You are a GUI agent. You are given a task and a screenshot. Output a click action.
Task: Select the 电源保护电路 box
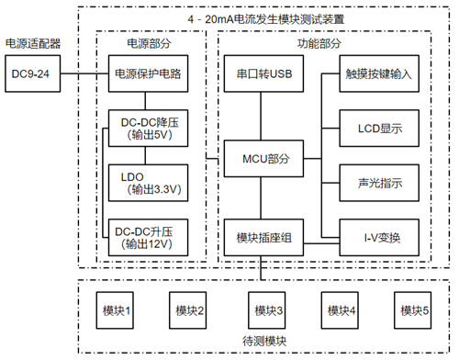[147, 73]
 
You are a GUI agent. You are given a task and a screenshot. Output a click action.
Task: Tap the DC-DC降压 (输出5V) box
[147, 129]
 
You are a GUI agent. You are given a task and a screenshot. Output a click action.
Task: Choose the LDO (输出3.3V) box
[147, 183]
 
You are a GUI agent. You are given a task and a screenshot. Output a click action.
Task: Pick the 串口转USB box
[263, 73]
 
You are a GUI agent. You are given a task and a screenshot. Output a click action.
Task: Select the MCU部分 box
[263, 159]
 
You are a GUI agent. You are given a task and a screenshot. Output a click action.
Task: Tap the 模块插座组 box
[263, 238]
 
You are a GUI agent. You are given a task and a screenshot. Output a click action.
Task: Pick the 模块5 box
[414, 310]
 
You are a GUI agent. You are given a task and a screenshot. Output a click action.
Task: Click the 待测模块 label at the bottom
[264, 341]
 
